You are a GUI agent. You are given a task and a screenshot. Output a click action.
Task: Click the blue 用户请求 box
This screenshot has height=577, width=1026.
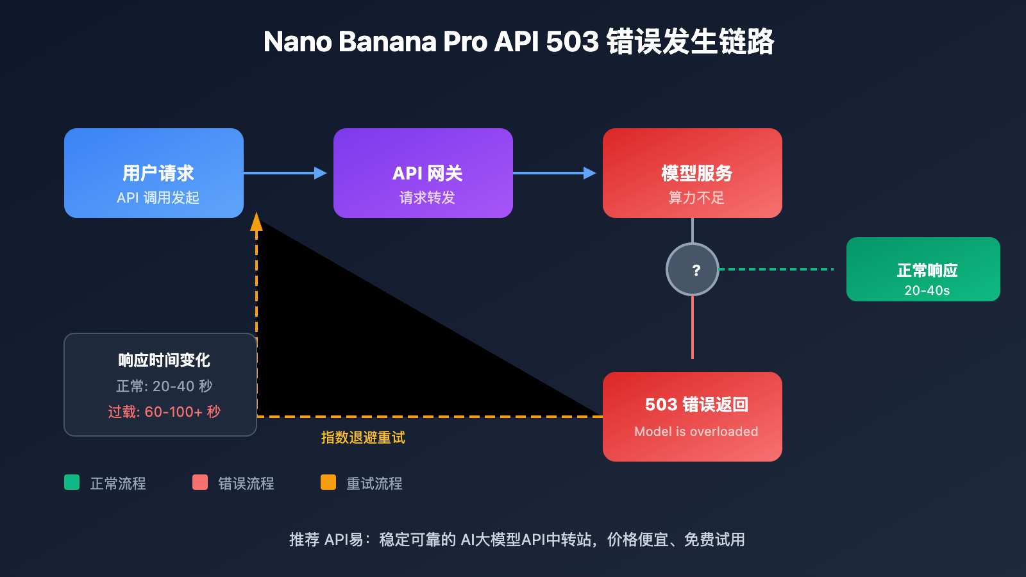[154, 173]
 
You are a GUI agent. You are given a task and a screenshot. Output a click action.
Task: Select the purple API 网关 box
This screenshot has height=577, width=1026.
[423, 173]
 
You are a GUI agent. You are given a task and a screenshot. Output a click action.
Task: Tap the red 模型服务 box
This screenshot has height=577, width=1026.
[693, 173]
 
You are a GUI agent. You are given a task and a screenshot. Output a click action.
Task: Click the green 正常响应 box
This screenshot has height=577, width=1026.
[923, 269]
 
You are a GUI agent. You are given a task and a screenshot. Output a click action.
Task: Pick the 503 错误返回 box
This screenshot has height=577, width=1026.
[693, 417]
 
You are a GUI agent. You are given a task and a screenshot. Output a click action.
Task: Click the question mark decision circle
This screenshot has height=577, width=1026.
[693, 269]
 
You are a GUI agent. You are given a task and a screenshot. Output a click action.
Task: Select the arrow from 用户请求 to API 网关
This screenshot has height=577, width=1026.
[285, 173]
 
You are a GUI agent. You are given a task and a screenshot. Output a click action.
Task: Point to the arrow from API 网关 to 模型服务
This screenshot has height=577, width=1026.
[554, 173]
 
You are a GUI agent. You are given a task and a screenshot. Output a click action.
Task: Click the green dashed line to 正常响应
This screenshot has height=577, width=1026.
[776, 269]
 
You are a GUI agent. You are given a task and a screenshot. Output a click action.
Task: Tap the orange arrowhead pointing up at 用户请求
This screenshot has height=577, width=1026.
[256, 222]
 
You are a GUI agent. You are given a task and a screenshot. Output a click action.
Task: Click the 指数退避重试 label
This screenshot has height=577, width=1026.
[363, 438]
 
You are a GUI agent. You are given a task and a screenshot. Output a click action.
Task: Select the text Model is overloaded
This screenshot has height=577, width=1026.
[696, 431]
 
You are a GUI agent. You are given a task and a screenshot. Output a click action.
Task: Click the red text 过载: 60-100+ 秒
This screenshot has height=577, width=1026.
[164, 412]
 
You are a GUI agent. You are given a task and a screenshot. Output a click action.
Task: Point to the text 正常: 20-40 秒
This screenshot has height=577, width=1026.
[164, 386]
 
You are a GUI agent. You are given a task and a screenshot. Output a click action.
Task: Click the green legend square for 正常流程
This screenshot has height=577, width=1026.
[72, 482]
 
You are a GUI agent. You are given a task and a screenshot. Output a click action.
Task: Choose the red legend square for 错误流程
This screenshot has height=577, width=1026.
[200, 482]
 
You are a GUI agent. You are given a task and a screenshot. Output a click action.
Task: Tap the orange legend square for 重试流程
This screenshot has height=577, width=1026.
[328, 482]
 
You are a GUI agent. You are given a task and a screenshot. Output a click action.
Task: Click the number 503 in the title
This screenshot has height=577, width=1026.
[572, 42]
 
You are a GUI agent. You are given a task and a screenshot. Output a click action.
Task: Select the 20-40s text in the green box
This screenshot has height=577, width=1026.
[927, 290]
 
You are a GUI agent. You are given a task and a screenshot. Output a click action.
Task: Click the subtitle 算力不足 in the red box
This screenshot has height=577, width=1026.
[696, 197]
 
